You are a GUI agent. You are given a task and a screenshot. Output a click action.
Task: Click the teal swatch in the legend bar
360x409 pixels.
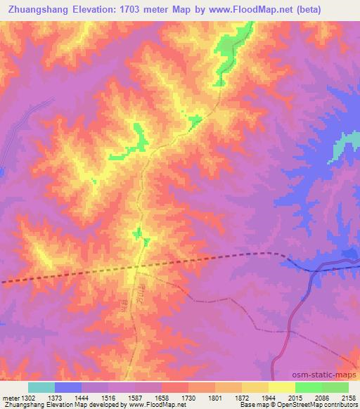[x=41, y=387]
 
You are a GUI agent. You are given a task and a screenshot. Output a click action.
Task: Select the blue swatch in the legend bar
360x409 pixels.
[x=68, y=387]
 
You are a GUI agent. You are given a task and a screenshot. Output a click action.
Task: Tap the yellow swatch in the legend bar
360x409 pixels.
[x=282, y=387]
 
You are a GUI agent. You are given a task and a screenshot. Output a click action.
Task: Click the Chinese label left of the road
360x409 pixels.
[x=125, y=301]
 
